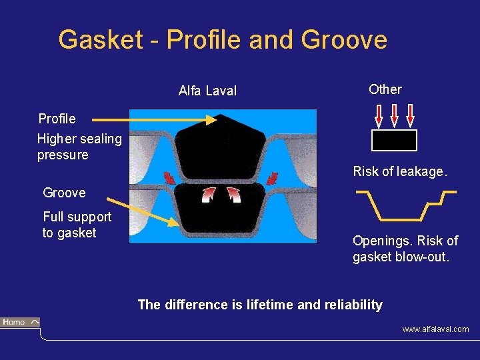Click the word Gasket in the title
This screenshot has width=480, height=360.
pyautogui.click(x=100, y=40)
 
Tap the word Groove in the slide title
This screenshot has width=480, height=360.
pyautogui.click(x=344, y=40)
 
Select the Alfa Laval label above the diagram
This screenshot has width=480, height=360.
pyautogui.click(x=207, y=91)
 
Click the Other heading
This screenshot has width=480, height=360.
pyautogui.click(x=385, y=89)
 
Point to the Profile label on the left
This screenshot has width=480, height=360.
pyautogui.click(x=57, y=119)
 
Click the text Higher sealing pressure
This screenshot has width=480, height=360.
pyautogui.click(x=79, y=147)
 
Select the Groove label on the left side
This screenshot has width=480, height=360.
pyautogui.click(x=64, y=193)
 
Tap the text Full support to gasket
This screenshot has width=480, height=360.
pyautogui.click(x=76, y=225)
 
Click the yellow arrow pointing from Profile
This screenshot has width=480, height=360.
pyautogui.click(x=153, y=120)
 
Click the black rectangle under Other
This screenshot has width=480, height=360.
pyautogui.click(x=394, y=140)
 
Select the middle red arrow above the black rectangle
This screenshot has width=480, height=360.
pyautogui.click(x=394, y=114)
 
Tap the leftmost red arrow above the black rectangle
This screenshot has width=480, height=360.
pyautogui.click(x=378, y=114)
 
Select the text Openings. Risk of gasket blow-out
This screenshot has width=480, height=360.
pyautogui.click(x=405, y=248)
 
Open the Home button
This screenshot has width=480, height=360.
pyautogui.click(x=20, y=323)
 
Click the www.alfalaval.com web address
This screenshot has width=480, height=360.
pyautogui.click(x=435, y=329)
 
